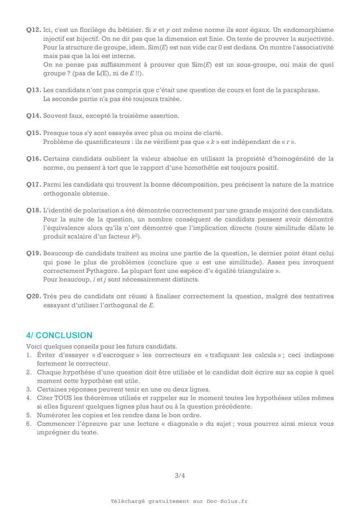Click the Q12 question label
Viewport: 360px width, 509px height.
[x=33, y=30]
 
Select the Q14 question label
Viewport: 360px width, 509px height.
[x=33, y=116]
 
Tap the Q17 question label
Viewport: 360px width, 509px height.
[x=33, y=184]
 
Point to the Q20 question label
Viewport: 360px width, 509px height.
[x=33, y=296]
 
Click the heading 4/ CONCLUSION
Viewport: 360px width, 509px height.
[x=59, y=335]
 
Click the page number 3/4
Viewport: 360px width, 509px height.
[x=180, y=476]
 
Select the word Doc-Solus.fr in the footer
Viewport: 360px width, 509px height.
[x=227, y=501]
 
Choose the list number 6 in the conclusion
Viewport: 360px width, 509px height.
[x=28, y=424]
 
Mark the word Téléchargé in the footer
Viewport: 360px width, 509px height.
[x=128, y=501]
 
